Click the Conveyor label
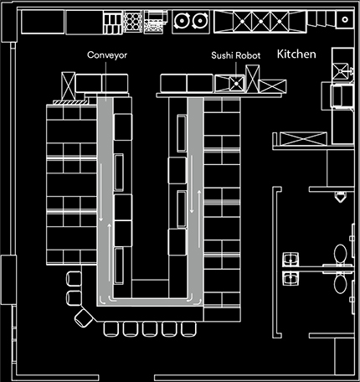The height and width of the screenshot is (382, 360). [105, 56]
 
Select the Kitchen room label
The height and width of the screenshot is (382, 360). [296, 54]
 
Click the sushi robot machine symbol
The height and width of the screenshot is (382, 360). [235, 83]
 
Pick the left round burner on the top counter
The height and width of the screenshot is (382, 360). [182, 22]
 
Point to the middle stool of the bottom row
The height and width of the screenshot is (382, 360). [149, 328]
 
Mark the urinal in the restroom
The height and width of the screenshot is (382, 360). [339, 198]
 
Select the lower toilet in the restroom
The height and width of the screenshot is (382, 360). [340, 282]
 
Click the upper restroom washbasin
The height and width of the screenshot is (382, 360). [291, 257]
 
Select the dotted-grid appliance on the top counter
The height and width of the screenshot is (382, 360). [131, 22]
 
